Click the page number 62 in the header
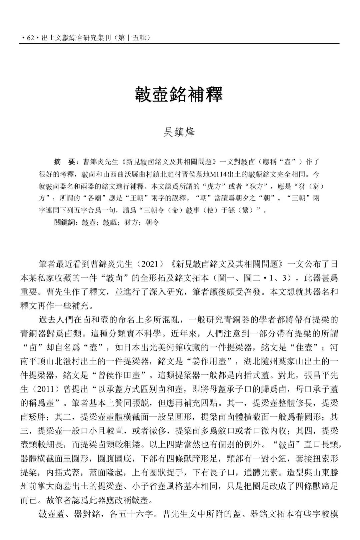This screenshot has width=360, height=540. (31, 38)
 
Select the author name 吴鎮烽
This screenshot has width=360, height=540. (179, 132)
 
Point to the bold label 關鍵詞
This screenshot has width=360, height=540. (66, 223)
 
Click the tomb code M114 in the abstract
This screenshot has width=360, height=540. (219, 174)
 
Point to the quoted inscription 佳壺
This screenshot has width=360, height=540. (304, 348)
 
